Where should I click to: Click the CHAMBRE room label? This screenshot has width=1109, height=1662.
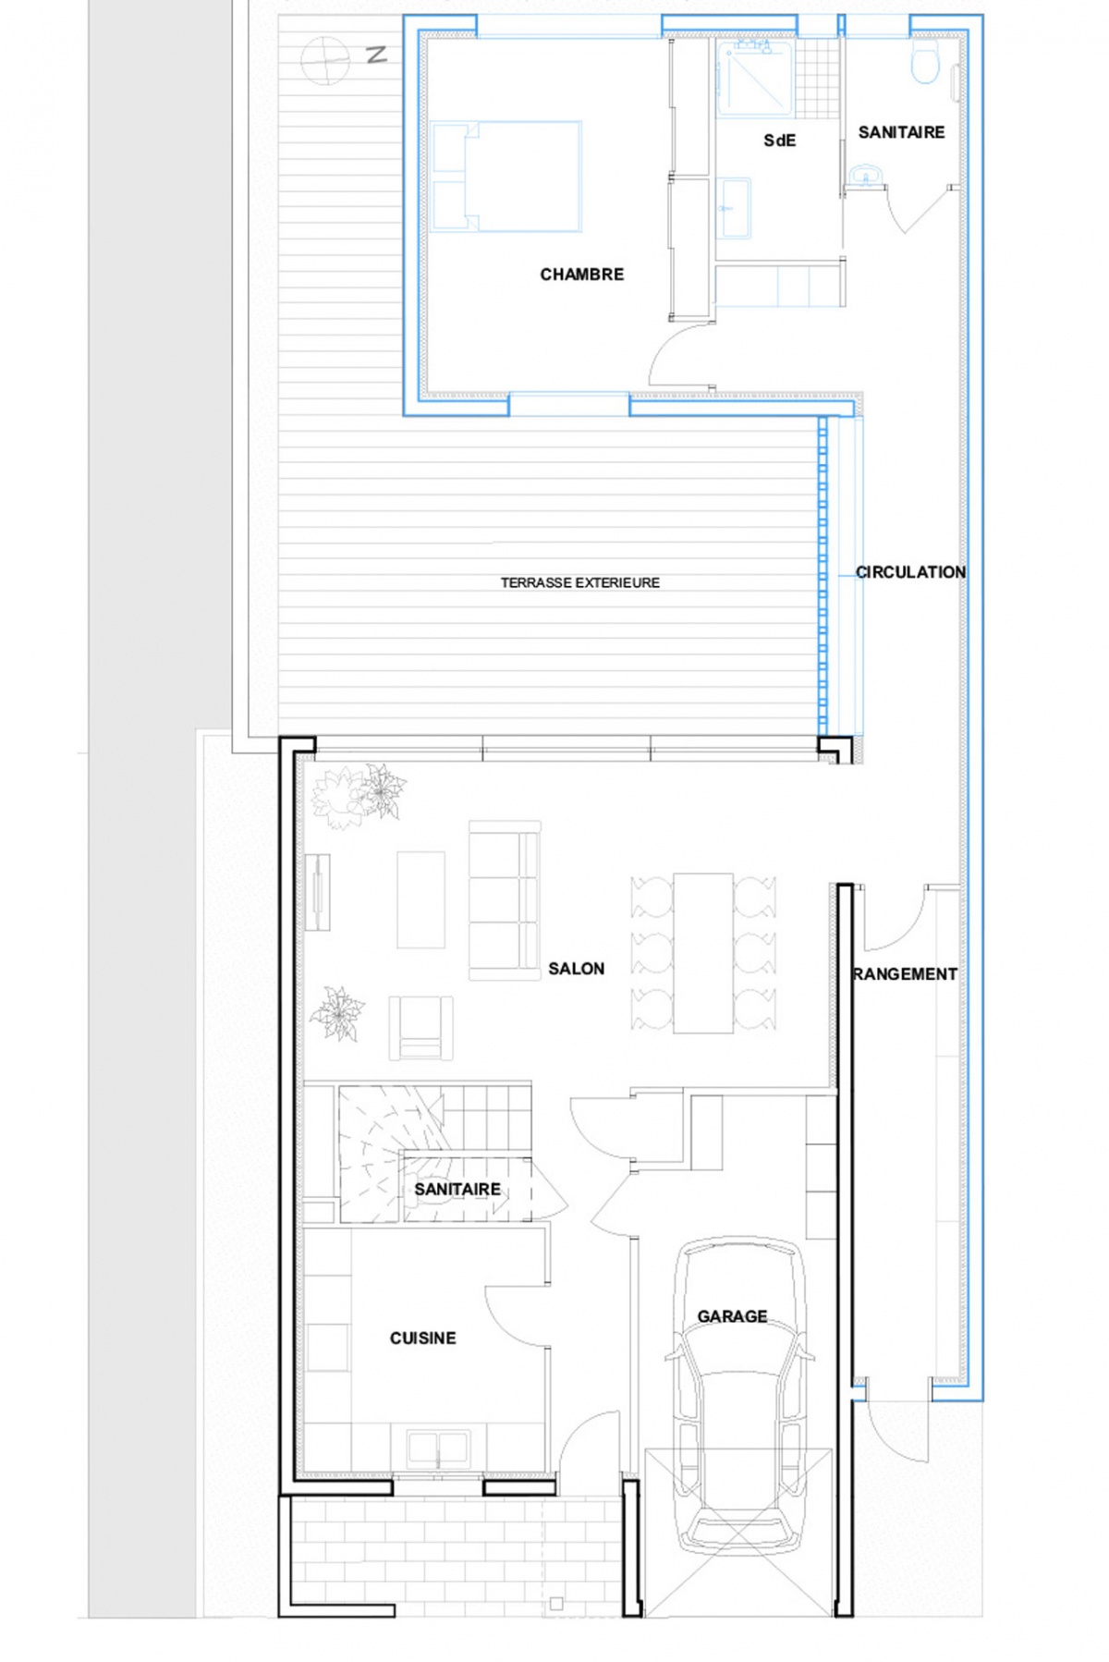click(x=581, y=275)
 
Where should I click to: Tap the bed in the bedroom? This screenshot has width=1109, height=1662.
click(x=506, y=176)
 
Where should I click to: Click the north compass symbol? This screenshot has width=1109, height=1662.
click(x=325, y=60)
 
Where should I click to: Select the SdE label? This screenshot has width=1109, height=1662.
click(x=779, y=141)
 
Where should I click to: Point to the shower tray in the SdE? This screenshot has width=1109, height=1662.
click(x=756, y=79)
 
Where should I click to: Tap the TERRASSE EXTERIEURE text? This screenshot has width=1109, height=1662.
click(x=579, y=582)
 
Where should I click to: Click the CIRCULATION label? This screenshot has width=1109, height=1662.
click(x=910, y=572)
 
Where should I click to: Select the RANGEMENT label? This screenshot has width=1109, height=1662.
click(x=905, y=974)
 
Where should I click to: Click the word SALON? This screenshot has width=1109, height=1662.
click(x=576, y=969)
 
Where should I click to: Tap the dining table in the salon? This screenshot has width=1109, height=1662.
click(x=702, y=952)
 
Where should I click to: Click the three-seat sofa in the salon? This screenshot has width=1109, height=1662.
click(x=504, y=899)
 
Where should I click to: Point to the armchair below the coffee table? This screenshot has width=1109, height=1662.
click(x=420, y=1027)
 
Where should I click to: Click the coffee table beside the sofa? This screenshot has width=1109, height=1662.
click(x=420, y=899)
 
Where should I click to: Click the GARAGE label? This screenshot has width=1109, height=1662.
click(x=732, y=1315)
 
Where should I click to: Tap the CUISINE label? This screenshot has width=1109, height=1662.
click(x=422, y=1338)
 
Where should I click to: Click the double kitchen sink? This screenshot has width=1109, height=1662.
click(x=438, y=1448)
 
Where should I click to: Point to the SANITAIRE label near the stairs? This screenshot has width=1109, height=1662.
click(x=457, y=1189)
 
